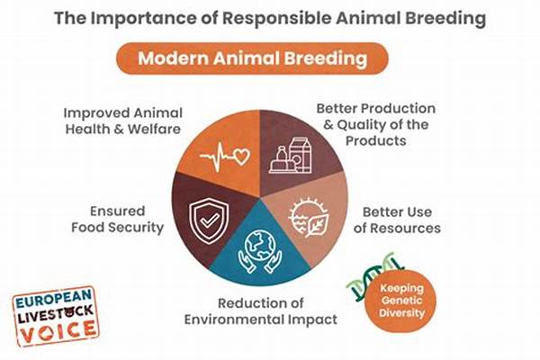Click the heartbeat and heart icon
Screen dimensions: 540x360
click(x=224, y=157)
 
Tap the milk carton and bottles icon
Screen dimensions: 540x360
click(x=291, y=155)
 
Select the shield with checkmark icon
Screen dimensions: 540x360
click(x=209, y=220)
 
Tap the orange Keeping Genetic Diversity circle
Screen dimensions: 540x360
click(x=401, y=301)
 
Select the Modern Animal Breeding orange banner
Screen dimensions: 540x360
click(x=252, y=58)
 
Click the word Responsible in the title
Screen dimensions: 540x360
click(x=277, y=18)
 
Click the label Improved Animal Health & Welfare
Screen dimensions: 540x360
click(x=123, y=121)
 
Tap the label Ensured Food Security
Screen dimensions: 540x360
click(x=117, y=220)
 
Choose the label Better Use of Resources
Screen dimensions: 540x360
click(x=397, y=220)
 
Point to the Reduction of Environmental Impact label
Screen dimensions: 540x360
click(x=261, y=311)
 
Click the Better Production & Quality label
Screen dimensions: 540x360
click(x=376, y=124)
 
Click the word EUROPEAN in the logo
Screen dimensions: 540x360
click(x=54, y=299)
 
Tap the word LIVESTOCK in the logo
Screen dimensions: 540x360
click(x=56, y=313)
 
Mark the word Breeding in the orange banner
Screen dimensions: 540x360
click(x=326, y=58)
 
